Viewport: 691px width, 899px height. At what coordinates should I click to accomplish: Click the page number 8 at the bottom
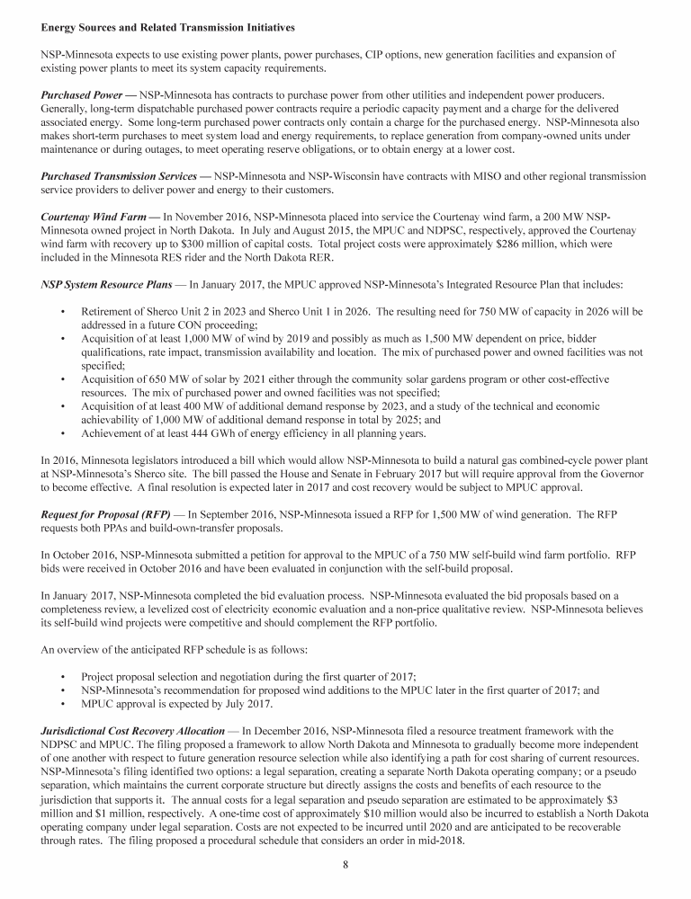click(x=345, y=866)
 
